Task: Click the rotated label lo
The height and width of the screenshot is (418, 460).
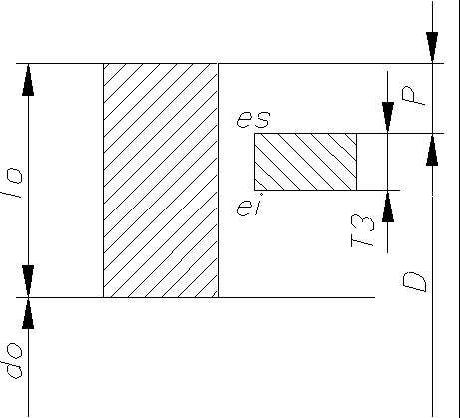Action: [x=13, y=184]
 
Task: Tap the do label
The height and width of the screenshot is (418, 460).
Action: [x=14, y=361]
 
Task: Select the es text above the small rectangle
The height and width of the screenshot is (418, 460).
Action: [x=253, y=119]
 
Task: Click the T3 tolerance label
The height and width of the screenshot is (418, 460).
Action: [x=362, y=231]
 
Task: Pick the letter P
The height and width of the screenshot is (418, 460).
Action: [x=413, y=96]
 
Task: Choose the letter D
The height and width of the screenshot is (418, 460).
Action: [x=414, y=282]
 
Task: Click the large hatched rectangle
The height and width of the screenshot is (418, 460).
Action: [x=161, y=181]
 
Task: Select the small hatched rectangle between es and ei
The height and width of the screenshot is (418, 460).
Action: [x=305, y=162]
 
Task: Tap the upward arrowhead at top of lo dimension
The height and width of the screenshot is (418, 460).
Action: [x=28, y=80]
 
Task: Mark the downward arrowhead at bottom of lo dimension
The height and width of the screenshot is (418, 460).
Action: [x=28, y=281]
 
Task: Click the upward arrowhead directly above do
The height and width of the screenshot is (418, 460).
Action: [x=28, y=313]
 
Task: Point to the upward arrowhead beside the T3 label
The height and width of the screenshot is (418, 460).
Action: [x=388, y=207]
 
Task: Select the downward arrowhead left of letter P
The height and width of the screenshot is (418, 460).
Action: [x=388, y=118]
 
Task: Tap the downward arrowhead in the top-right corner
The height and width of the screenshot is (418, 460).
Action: [x=432, y=47]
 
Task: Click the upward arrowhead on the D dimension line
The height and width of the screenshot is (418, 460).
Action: [x=432, y=150]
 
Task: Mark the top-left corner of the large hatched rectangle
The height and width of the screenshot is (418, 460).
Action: [x=103, y=63]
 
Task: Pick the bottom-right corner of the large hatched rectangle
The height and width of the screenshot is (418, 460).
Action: [x=218, y=297]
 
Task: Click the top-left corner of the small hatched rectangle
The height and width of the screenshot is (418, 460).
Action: [x=254, y=133]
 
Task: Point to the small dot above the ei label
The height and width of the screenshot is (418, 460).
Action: [x=261, y=194]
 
